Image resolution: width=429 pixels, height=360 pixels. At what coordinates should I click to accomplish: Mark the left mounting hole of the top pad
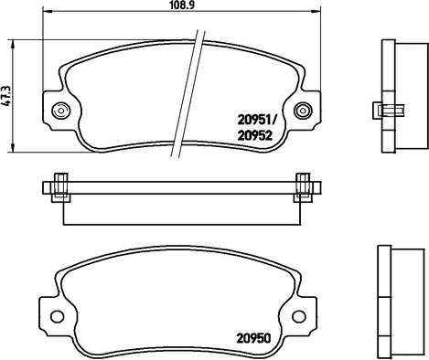click(60, 111)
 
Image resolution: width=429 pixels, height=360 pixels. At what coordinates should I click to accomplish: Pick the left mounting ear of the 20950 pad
click(53, 316)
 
